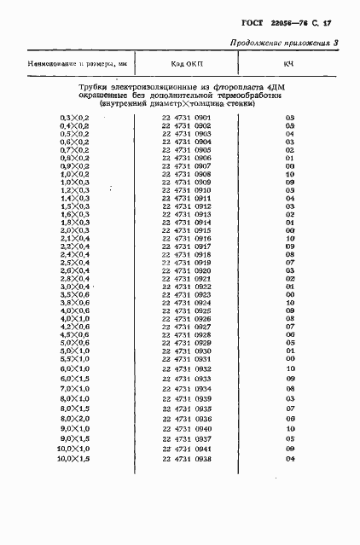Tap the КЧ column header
[x=289, y=63]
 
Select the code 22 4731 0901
[x=187, y=117]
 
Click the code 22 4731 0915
[x=187, y=230]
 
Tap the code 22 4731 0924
[x=187, y=303]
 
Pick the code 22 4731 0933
[x=187, y=379]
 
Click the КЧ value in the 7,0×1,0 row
[x=290, y=389]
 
